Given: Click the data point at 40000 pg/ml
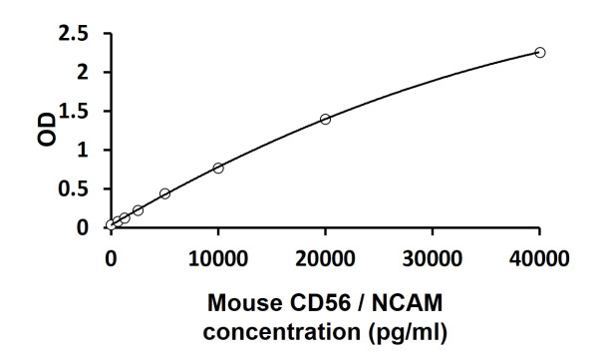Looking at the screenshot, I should coord(539,52).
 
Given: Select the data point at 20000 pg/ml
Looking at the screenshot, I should coord(325,119).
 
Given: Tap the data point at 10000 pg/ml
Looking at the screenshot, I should coord(218,168).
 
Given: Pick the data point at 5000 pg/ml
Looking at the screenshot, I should coord(164,193).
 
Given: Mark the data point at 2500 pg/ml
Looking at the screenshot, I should coord(138,210).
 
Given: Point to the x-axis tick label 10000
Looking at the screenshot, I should coord(217,259).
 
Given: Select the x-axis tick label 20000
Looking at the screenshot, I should coord(325,259).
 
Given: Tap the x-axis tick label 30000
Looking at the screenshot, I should coord(432,259).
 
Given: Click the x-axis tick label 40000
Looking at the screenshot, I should coord(538,259).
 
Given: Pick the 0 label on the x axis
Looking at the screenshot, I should coord(111,259).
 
